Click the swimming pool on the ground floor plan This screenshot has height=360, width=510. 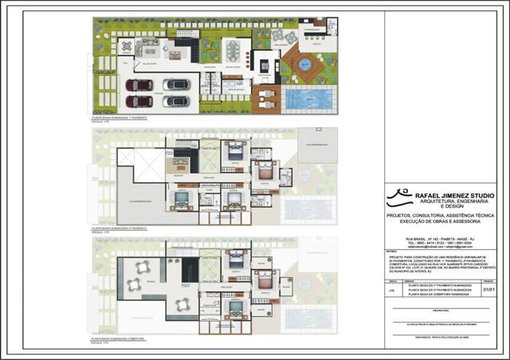click(310, 99)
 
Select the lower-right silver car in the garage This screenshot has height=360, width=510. click(176, 101)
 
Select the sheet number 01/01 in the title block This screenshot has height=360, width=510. click(490, 292)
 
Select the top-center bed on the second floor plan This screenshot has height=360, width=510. click(237, 149)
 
